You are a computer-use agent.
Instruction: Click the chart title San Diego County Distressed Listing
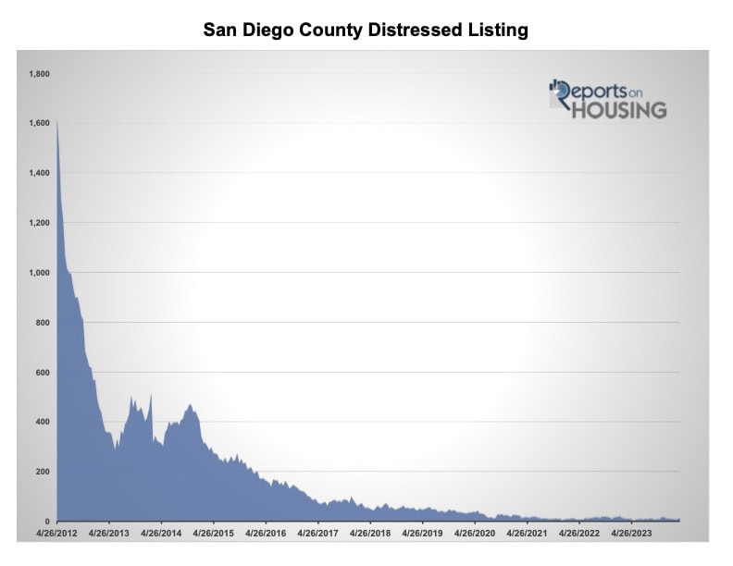point(366,31)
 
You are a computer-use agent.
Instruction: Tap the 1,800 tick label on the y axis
point(38,73)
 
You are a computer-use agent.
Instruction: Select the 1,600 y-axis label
point(38,123)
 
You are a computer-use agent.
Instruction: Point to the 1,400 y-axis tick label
point(38,173)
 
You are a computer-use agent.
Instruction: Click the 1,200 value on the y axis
point(38,223)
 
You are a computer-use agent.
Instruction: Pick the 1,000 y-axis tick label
point(38,273)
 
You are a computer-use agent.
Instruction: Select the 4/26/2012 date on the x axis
point(57,533)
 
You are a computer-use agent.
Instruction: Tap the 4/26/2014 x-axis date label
point(161,533)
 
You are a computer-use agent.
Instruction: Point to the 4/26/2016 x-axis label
point(265,533)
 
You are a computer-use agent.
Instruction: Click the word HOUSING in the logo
point(617,109)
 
